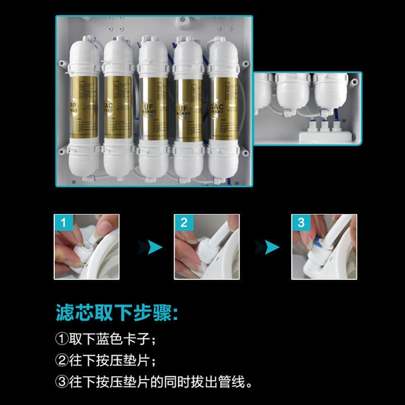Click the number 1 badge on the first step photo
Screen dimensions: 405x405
62,222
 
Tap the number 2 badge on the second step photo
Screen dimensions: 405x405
183,222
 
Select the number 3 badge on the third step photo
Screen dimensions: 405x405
301,222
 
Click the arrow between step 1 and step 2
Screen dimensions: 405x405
150,247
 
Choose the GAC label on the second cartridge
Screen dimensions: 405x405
108,105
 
